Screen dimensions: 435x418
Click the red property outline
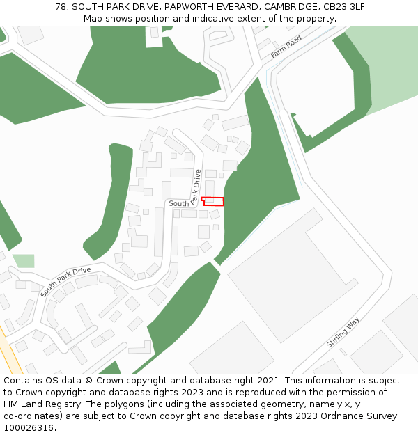click(x=213, y=201)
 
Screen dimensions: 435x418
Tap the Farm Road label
click(x=286, y=47)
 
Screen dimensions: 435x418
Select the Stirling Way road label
click(x=343, y=333)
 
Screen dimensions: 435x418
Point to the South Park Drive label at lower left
click(x=65, y=280)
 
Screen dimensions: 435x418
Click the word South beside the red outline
click(x=178, y=203)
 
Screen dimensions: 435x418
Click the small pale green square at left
click(x=23, y=261)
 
